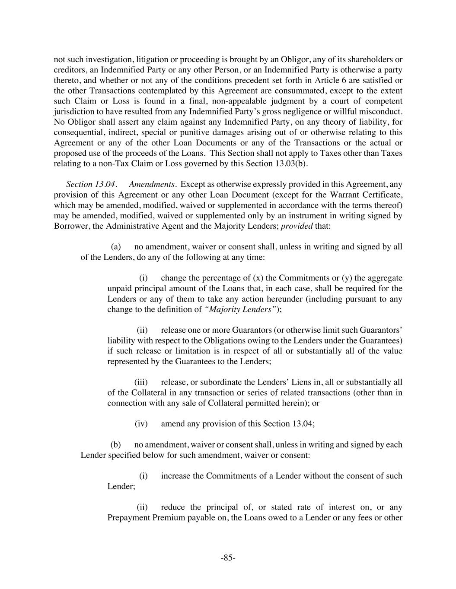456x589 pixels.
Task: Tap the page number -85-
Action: point(228,558)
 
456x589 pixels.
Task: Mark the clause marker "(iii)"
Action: point(141,382)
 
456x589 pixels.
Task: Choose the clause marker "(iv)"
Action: point(141,424)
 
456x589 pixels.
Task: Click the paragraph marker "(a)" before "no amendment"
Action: point(115,247)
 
